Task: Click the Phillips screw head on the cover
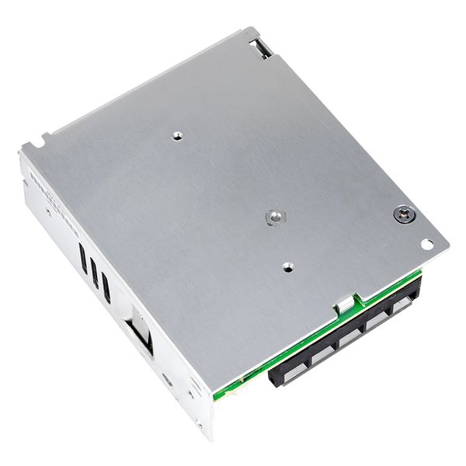(x=403, y=214)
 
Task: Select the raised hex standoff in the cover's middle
(x=273, y=217)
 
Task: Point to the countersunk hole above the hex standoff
(x=178, y=135)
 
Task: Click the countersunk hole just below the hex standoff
(x=287, y=266)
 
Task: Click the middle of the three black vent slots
(x=94, y=273)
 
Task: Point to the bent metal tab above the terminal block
(x=343, y=305)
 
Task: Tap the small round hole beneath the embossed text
(x=48, y=211)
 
